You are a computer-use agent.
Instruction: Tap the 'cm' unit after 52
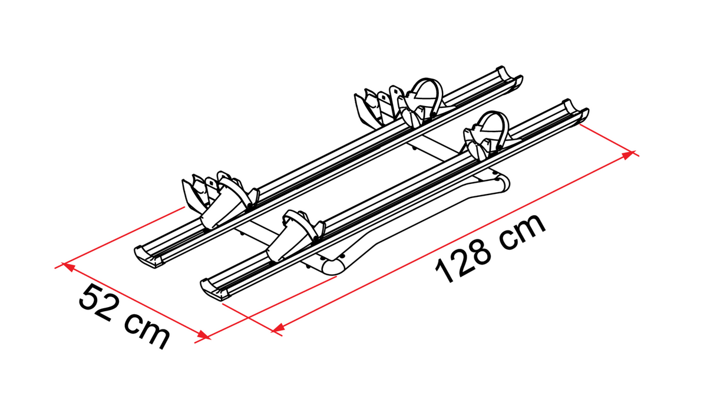tap(147, 331)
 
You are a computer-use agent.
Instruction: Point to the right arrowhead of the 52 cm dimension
tap(204, 335)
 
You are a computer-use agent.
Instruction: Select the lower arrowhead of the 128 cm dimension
tap(277, 328)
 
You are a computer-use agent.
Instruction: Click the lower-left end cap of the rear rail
tap(147, 257)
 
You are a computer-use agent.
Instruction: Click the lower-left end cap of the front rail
tap(214, 289)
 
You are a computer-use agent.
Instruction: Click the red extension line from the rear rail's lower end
tap(120, 238)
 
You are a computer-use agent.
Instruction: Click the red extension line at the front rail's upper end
tap(609, 140)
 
